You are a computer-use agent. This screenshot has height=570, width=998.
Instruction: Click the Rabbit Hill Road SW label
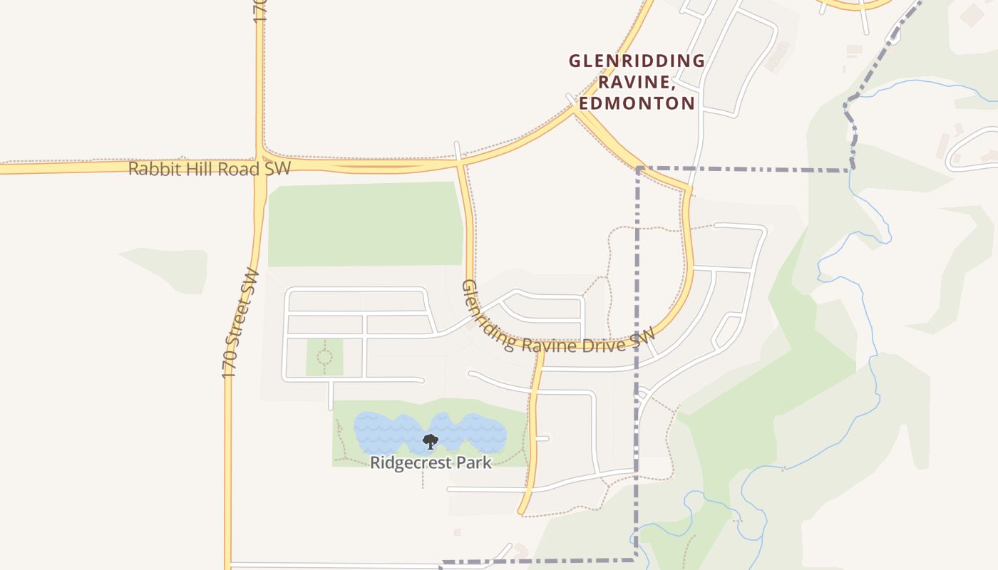coord(210,169)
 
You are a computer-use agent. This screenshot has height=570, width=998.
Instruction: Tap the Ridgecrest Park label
coord(431,462)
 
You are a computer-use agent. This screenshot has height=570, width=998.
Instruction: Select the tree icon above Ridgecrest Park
coord(430,442)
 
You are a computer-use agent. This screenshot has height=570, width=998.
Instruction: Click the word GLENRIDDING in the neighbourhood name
coord(637,61)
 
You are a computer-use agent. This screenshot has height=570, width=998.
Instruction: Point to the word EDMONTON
coord(637,103)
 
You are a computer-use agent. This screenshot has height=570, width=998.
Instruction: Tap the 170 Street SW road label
coord(240,323)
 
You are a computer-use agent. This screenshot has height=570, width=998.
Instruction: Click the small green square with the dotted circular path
coord(324,357)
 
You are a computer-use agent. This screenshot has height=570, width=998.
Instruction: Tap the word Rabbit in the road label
coord(150,169)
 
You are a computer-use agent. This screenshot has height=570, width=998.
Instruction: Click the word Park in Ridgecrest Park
coord(475,462)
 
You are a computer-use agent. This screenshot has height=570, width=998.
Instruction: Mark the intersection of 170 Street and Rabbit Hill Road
coord(260,164)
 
